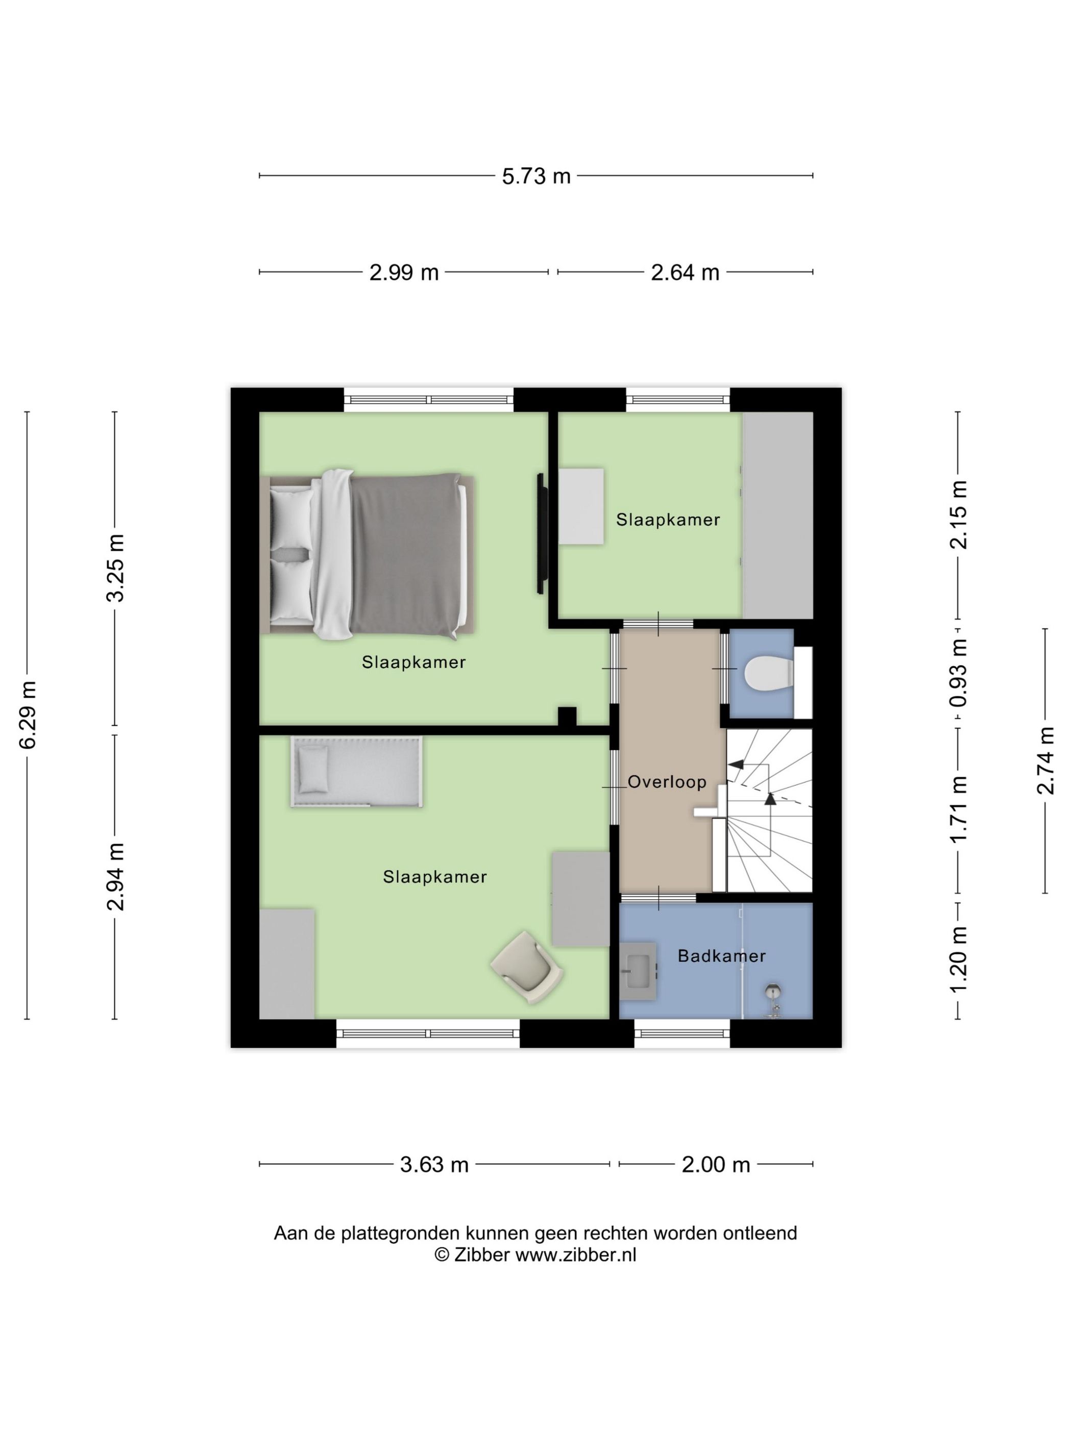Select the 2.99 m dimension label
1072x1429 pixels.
[x=403, y=273]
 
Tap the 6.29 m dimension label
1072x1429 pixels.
[x=27, y=714]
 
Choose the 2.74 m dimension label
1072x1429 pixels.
[x=1045, y=760]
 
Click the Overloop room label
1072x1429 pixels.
[x=666, y=782]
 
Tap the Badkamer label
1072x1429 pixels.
[x=721, y=955]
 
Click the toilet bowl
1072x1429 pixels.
[x=768, y=673]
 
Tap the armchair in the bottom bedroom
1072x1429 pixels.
[x=527, y=967]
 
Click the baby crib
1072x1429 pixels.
[x=357, y=771]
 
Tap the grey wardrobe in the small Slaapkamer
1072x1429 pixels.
[x=777, y=515]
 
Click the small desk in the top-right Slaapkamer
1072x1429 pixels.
[x=581, y=506]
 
